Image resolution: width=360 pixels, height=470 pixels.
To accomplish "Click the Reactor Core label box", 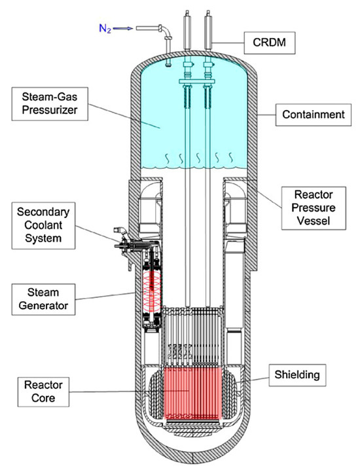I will [37, 389].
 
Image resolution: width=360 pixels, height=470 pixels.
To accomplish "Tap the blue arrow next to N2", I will [126, 27].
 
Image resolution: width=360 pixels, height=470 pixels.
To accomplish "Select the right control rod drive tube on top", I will [210, 29].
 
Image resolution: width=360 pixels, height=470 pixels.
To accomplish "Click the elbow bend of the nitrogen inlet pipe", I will [168, 31].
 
